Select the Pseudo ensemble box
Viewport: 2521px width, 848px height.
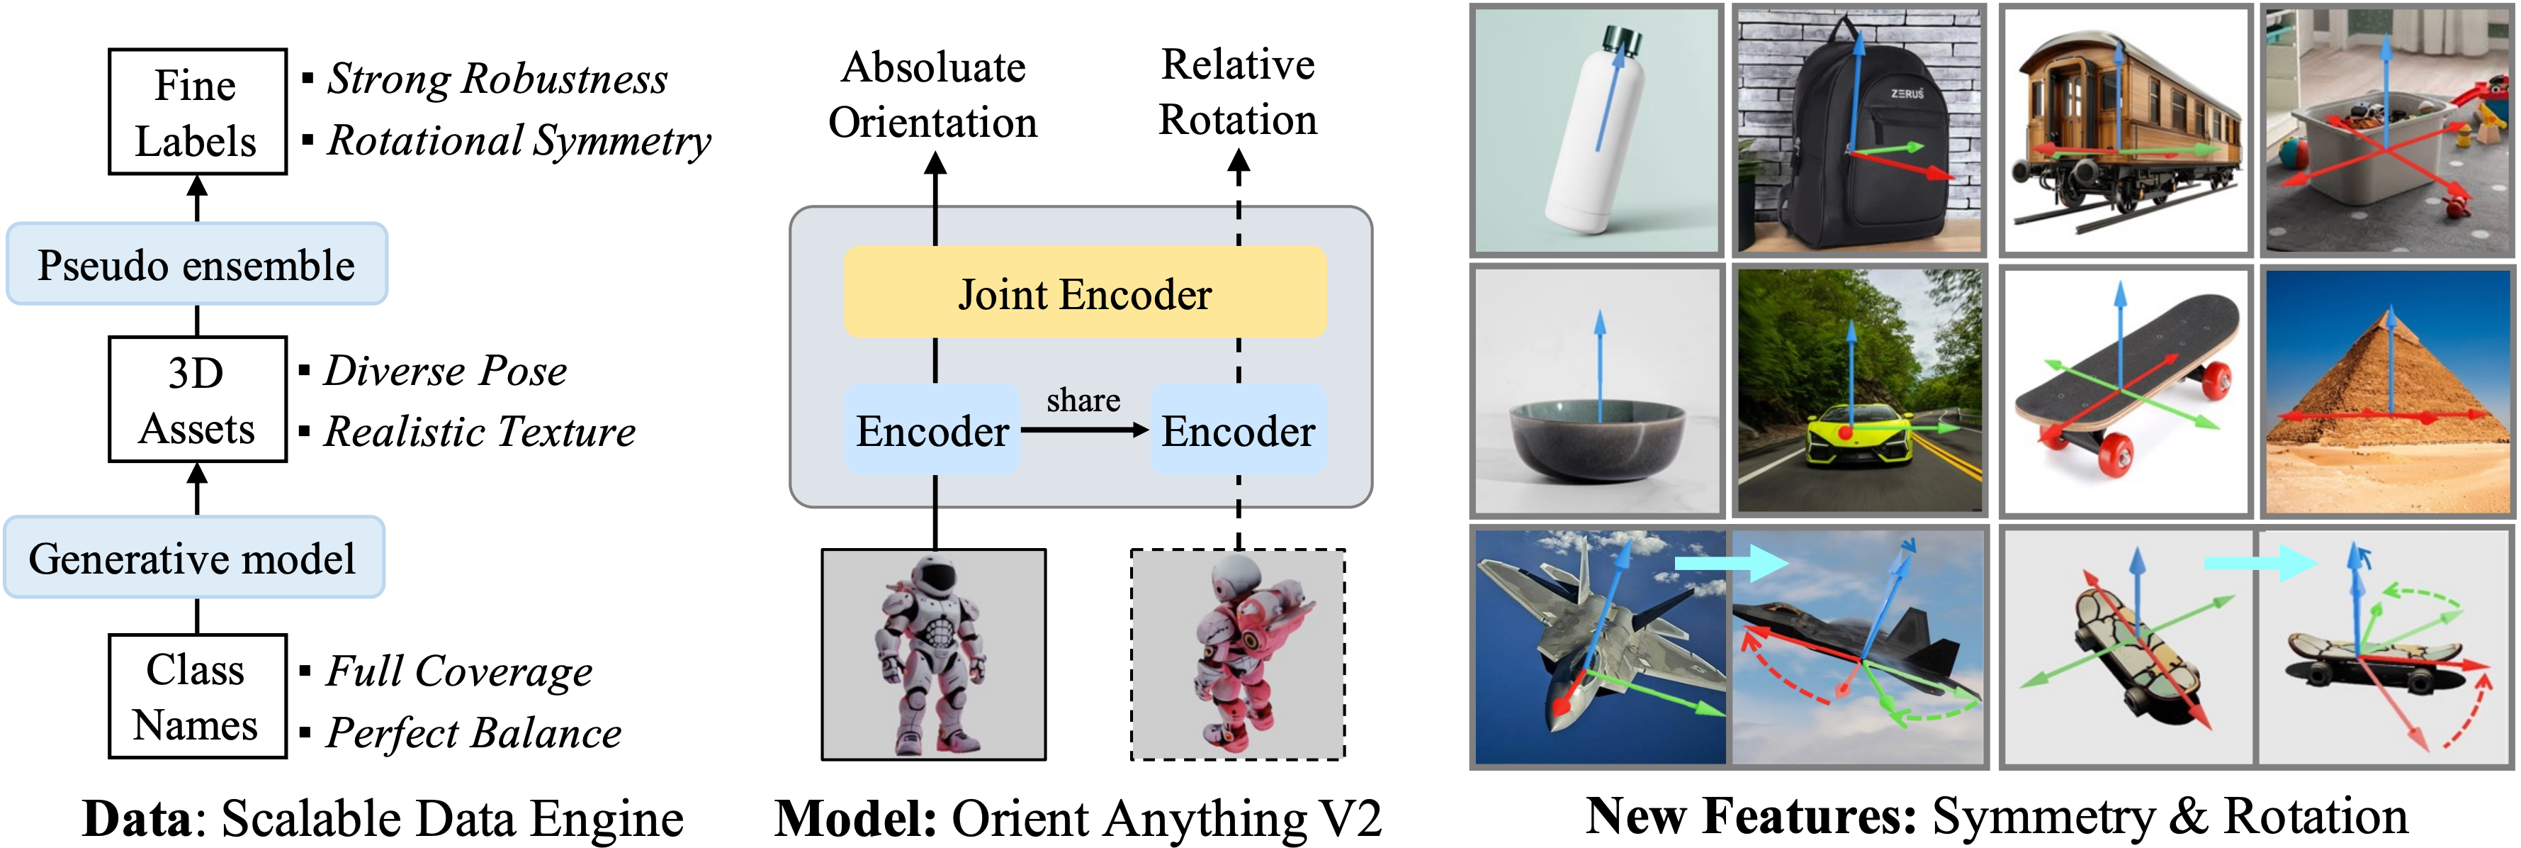point(197,264)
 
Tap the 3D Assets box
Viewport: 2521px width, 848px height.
point(197,399)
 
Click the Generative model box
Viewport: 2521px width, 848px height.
point(193,558)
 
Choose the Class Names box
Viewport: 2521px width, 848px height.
point(197,696)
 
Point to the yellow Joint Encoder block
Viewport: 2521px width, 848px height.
point(1084,293)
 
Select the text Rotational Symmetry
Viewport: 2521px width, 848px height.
point(519,140)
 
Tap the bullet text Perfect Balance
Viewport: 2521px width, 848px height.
point(473,732)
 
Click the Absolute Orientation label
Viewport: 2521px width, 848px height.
point(932,95)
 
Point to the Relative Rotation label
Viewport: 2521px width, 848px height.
point(1238,92)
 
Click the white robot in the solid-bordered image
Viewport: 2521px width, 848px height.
point(932,651)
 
